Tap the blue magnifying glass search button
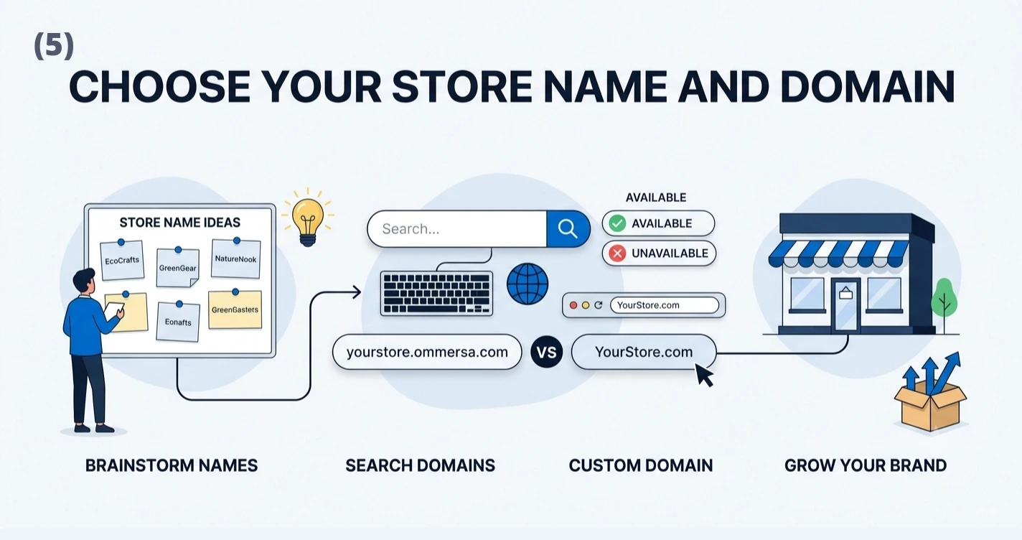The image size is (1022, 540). [568, 228]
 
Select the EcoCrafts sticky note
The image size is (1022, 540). [122, 260]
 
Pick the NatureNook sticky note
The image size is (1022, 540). [236, 258]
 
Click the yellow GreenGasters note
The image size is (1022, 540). [235, 309]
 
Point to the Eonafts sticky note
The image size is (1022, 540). [178, 322]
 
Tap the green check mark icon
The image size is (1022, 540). [617, 223]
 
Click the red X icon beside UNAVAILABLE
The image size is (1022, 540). [617, 253]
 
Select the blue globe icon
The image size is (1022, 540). [528, 284]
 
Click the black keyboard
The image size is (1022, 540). [436, 294]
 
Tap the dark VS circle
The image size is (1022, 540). [547, 352]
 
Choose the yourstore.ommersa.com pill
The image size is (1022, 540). [427, 352]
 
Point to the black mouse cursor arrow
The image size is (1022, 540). [704, 376]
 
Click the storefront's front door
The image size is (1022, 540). [845, 304]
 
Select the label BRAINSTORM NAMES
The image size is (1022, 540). [172, 465]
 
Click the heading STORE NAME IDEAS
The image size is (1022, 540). [179, 223]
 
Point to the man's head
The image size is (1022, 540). [84, 282]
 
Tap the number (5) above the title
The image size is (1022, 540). [54, 46]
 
